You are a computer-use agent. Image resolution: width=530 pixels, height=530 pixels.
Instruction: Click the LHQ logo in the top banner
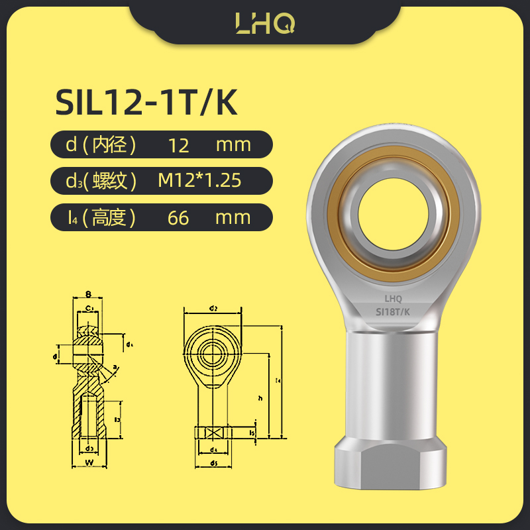coord(265,23)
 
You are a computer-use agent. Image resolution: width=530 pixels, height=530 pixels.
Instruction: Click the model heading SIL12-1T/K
coord(146,104)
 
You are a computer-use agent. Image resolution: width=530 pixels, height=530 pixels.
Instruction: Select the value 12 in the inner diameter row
coord(178,144)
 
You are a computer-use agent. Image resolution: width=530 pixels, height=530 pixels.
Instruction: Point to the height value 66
coord(178,217)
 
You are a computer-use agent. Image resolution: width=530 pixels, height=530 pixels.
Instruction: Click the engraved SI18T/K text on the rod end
coord(393,310)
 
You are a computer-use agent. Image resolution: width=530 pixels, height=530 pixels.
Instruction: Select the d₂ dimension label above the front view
coord(213,308)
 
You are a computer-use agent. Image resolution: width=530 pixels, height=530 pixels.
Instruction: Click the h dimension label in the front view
coord(260,398)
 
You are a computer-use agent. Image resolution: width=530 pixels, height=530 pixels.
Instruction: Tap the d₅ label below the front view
coord(213,462)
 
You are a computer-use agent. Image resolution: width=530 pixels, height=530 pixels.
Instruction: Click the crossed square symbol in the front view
coord(213,433)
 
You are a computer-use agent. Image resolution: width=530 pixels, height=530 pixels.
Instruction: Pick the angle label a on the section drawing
coord(115,366)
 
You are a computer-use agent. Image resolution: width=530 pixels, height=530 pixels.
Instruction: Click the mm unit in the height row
coord(233,217)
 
